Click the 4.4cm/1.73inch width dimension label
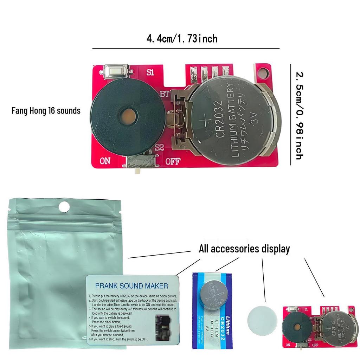(x=182, y=38)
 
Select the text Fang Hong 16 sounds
(x=46, y=111)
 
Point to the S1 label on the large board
(x=150, y=73)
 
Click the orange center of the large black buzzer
(x=128, y=114)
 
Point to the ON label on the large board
(x=105, y=161)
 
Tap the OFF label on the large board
(x=173, y=161)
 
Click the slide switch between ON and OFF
(x=139, y=163)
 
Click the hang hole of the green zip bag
(x=64, y=207)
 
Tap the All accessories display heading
(x=244, y=249)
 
